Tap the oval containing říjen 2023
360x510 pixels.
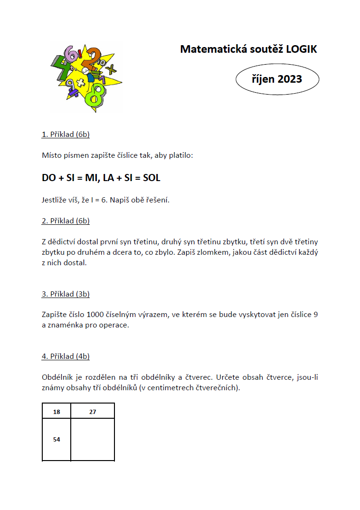277,79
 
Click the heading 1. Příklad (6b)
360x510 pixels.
66,135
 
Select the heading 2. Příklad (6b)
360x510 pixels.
66,221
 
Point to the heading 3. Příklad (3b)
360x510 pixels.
66,294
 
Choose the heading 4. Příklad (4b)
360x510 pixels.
66,356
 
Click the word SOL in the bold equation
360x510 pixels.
152,178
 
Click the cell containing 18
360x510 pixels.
57,412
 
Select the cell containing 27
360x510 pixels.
93,412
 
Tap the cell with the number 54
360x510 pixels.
57,440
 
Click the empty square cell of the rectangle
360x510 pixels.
93,440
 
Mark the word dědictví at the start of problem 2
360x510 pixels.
62,241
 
